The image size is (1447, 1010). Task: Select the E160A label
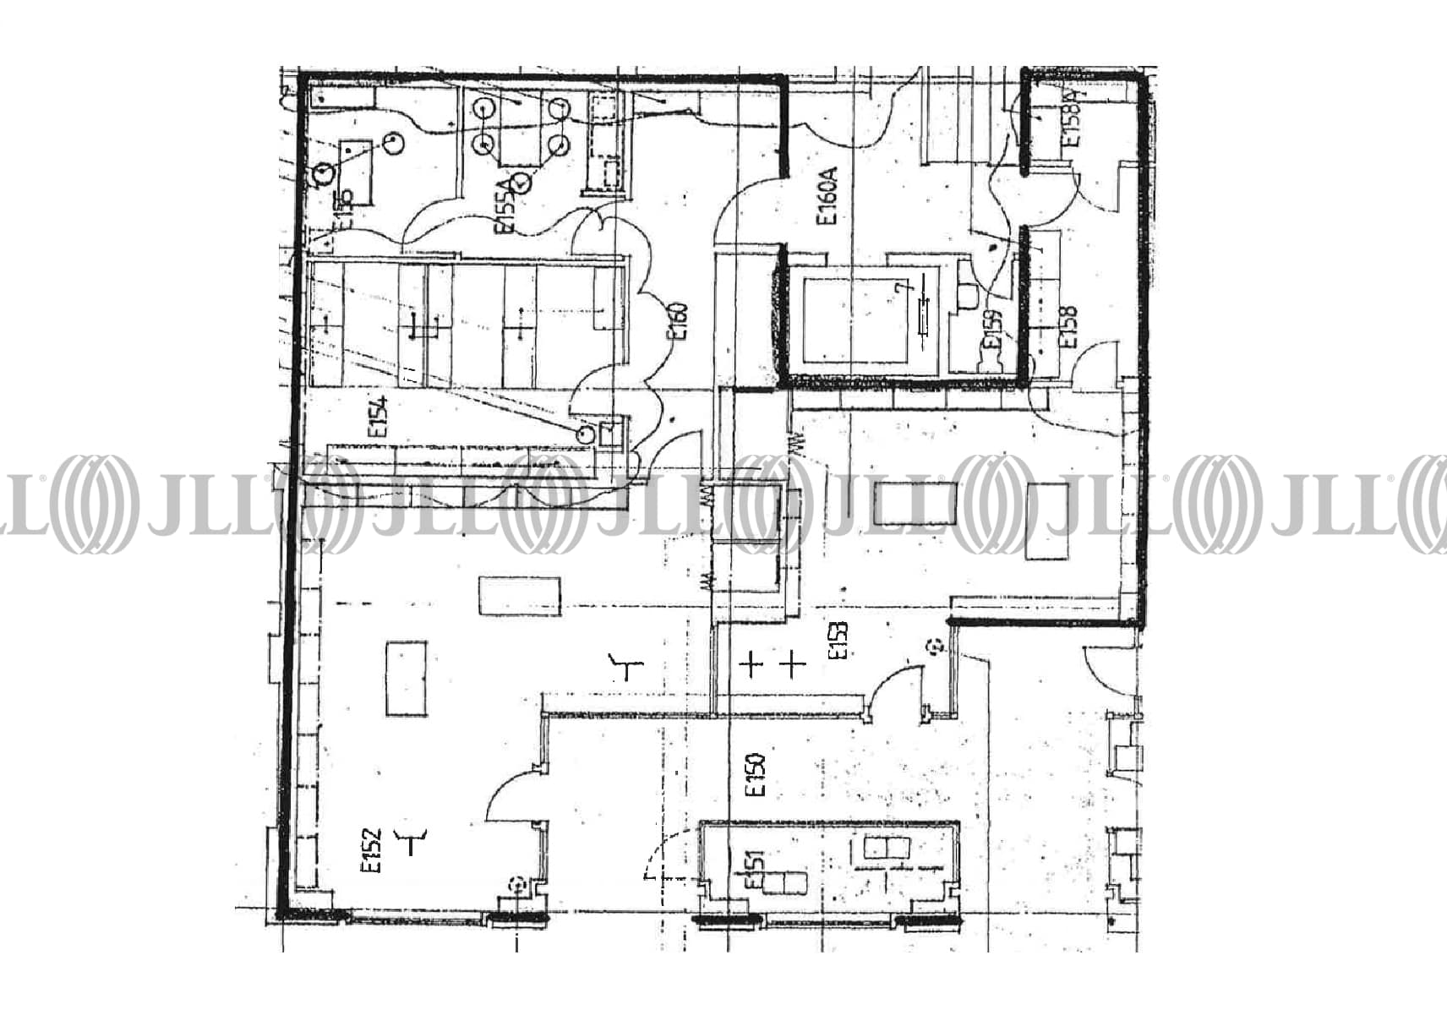[827, 195]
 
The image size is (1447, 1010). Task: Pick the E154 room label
[378, 415]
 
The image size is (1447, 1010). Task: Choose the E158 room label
[1069, 328]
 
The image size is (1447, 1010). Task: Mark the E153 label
[838, 641]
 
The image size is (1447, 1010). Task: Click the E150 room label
[756, 775]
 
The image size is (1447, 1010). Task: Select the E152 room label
[372, 850]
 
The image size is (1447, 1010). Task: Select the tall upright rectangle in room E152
[406, 679]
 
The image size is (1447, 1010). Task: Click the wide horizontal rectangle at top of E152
[519, 596]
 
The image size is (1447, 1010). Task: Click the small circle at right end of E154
[585, 434]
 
